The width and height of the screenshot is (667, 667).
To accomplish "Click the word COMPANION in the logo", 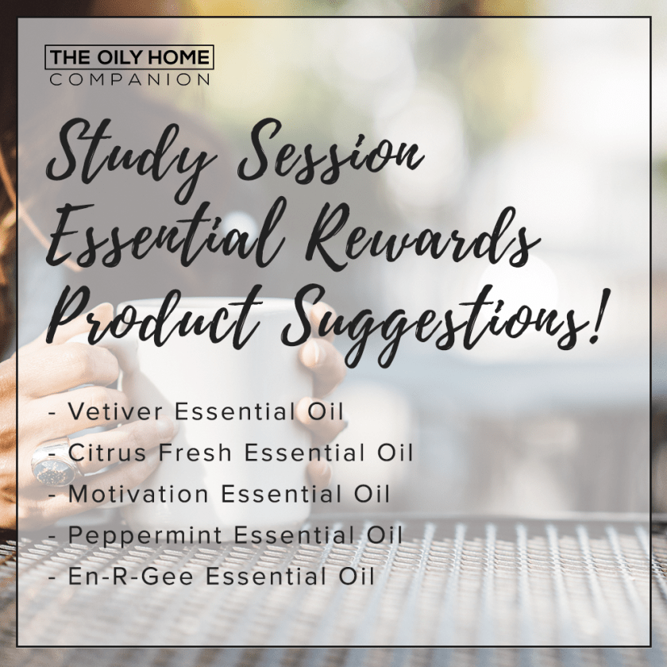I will coord(130,79).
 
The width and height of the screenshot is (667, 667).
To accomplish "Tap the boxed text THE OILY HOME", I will coord(130,58).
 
